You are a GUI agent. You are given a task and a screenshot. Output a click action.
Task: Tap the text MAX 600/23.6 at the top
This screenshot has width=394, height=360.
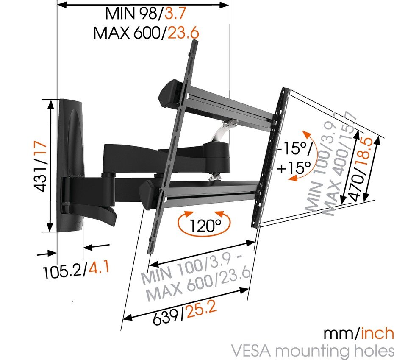pos(146,33)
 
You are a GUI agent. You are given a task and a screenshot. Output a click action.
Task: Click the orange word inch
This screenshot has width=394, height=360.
pos(377,334)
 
